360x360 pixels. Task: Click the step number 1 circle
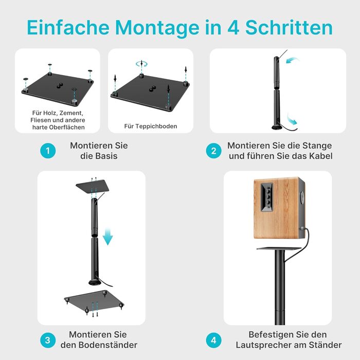(x=48, y=151)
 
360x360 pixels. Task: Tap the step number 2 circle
(x=213, y=151)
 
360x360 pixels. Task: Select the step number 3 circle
(x=48, y=340)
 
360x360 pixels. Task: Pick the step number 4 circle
(x=213, y=340)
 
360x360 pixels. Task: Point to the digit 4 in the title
(x=233, y=28)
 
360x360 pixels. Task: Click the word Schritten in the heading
(x=289, y=27)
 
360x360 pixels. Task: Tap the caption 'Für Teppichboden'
(x=151, y=126)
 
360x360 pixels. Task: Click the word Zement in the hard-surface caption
(x=71, y=113)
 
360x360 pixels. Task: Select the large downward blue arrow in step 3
(x=107, y=237)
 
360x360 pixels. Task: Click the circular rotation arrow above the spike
(x=141, y=64)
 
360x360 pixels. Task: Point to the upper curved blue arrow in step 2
(x=293, y=60)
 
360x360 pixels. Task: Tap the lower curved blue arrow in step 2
(x=292, y=119)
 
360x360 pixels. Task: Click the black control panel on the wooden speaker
(x=266, y=197)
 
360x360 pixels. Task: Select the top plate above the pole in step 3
(x=93, y=186)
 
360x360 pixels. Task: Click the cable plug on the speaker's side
(x=302, y=228)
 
